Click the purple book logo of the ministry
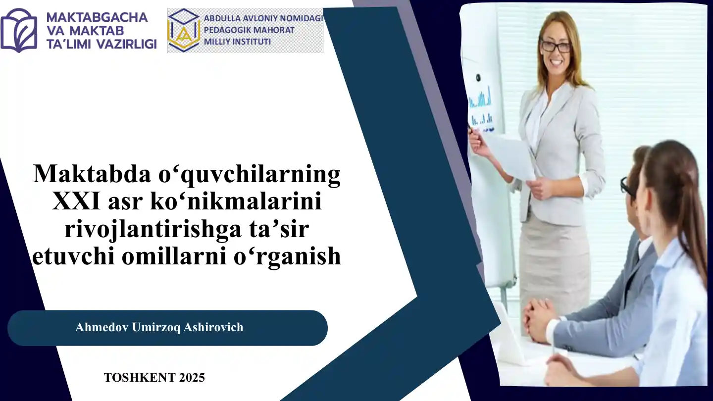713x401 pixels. coord(19,30)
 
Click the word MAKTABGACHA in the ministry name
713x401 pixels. coord(97,17)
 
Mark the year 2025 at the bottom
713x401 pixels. coord(192,378)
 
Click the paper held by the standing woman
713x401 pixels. coord(510,156)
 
